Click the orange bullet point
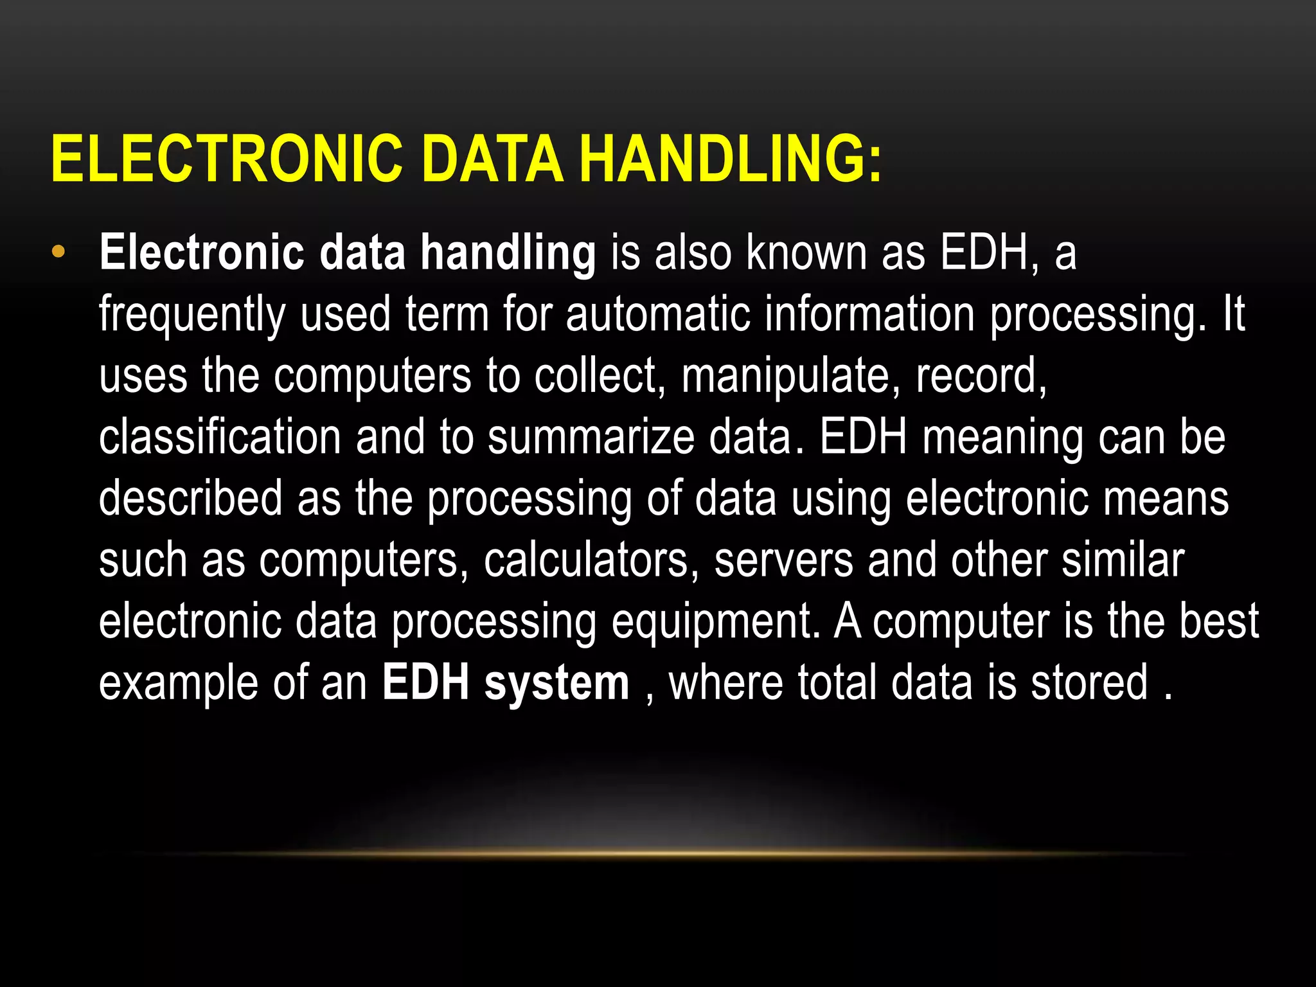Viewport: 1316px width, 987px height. pos(58,252)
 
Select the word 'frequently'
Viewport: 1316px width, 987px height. pos(192,315)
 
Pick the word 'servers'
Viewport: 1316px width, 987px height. pos(783,560)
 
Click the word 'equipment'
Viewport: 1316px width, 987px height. pos(715,622)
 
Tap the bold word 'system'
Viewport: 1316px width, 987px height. pos(557,684)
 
